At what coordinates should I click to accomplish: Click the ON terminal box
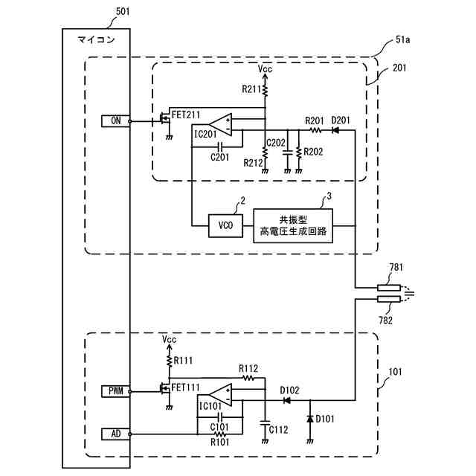point(116,121)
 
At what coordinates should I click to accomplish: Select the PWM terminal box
point(116,391)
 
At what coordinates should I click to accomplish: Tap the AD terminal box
point(116,434)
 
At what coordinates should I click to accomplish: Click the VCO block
point(225,226)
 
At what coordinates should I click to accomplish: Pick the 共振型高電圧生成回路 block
point(293,225)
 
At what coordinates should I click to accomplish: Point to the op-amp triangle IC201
point(220,124)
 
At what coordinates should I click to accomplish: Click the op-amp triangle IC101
point(220,395)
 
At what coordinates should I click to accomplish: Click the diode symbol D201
point(335,131)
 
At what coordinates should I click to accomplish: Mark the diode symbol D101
point(310,419)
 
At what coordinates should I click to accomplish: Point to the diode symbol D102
point(286,400)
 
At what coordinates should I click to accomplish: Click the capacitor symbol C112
point(265,422)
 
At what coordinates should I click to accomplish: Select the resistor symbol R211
point(265,90)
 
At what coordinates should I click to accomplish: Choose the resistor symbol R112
point(248,378)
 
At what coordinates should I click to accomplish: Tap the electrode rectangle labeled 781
point(389,288)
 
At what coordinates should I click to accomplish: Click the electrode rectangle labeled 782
point(389,299)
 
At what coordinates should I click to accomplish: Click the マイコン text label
point(96,39)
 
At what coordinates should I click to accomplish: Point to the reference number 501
point(123,12)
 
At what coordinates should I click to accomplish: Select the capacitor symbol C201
point(221,147)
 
